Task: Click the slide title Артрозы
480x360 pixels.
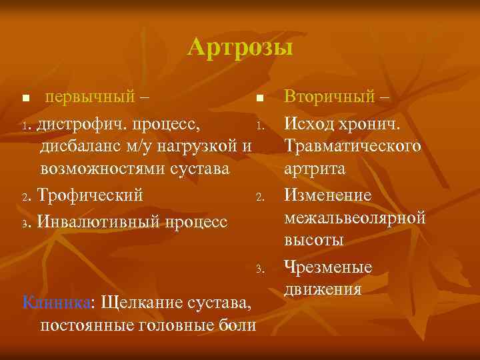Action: [x=240, y=47]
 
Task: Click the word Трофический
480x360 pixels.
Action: [x=90, y=196]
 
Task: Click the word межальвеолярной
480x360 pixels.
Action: [x=355, y=218]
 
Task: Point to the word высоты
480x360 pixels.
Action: [x=311, y=241]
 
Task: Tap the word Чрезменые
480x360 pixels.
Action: [x=327, y=267]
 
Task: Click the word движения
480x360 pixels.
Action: [x=323, y=289]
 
